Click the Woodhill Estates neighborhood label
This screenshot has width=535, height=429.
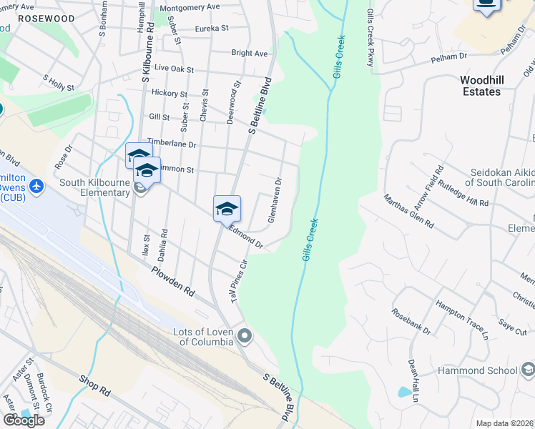480,86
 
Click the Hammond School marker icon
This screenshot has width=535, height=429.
528,370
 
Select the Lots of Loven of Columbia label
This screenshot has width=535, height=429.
205,337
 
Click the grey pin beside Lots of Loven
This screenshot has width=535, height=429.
245,335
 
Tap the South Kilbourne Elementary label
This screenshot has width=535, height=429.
94,187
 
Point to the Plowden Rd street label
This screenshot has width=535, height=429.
173,282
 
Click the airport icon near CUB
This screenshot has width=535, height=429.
37,186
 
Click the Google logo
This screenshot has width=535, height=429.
24,420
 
